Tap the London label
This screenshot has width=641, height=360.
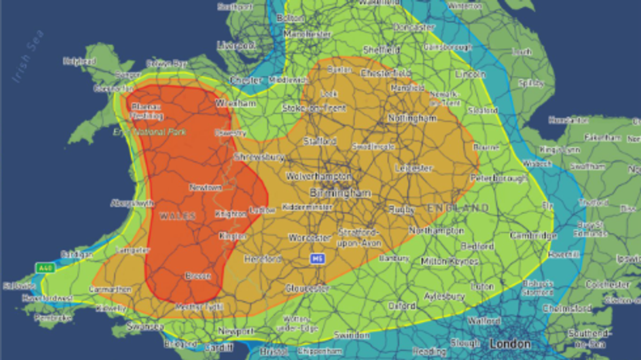click(x=510, y=344)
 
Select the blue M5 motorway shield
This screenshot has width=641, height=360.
click(x=318, y=259)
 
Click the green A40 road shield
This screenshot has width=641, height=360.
click(x=45, y=268)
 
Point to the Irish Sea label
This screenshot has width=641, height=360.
click(x=28, y=57)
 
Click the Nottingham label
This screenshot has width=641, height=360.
click(x=412, y=118)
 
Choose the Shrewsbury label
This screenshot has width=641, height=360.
click(x=259, y=157)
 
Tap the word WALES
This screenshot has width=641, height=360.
click(x=177, y=216)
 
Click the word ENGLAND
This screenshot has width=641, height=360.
click(x=458, y=208)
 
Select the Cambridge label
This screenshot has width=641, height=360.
click(x=533, y=235)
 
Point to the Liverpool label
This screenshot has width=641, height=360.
click(x=236, y=45)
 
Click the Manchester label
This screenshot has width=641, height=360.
click(x=307, y=35)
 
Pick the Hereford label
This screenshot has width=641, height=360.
click(x=263, y=259)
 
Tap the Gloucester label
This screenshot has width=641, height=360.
click(x=307, y=289)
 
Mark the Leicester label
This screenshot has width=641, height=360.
click(x=413, y=168)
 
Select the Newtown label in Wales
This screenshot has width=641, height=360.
click(x=205, y=187)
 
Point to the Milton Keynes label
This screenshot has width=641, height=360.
click(x=449, y=262)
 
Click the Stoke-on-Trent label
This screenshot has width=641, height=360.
click(x=314, y=109)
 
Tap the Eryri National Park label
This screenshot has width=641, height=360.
click(x=150, y=132)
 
